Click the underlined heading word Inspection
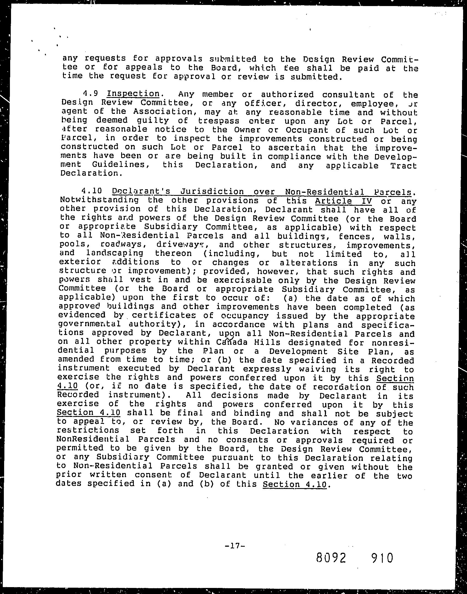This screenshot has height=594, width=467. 133,94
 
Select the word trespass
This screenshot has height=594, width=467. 219,121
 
